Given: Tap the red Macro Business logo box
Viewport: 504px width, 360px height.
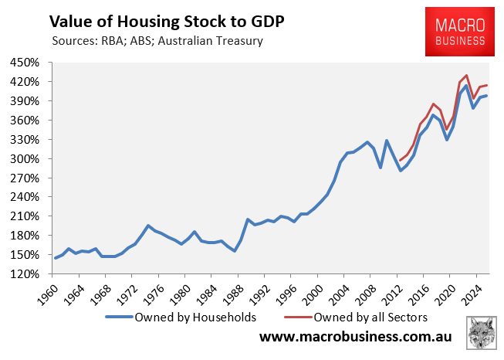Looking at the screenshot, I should tap(460, 30).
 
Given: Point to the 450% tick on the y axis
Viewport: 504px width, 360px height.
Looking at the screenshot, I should tap(29, 63).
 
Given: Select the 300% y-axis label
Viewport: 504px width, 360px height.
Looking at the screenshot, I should tap(29, 158).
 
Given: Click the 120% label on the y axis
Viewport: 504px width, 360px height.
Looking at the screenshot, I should tap(29, 273).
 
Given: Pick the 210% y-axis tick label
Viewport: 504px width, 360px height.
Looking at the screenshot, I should tap(29, 216).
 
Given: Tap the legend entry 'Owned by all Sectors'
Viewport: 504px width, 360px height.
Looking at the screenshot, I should tap(359, 317).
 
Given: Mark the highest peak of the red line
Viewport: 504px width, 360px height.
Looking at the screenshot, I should tap(466, 75).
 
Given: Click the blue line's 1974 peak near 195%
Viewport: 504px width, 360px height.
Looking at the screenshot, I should tap(147, 226).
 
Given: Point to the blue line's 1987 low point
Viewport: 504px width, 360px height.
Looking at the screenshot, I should tap(234, 251).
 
